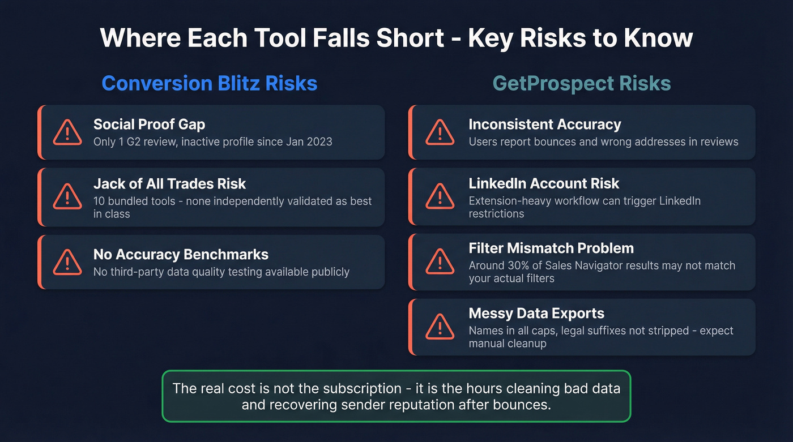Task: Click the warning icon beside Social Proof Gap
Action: pos(67,132)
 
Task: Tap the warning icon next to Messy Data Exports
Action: pos(440,327)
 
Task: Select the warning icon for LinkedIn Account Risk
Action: pos(440,197)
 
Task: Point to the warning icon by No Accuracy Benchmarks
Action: pos(67,263)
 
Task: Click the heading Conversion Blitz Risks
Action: pos(210,83)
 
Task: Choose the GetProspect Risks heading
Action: pos(582,83)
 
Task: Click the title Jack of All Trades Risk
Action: pos(169,183)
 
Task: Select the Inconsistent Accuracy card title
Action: pos(545,124)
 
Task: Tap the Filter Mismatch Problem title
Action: pos(551,248)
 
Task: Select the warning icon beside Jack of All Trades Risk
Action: pos(67,197)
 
